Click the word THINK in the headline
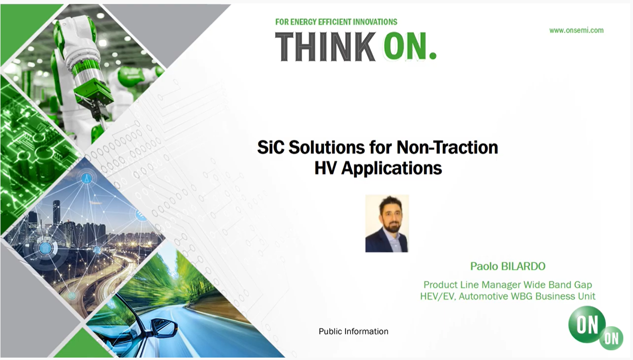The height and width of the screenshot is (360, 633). point(325,47)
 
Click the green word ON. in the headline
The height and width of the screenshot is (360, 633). point(410,46)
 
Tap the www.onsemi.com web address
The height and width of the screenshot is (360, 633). point(576,30)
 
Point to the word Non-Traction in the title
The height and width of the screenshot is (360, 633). point(447,147)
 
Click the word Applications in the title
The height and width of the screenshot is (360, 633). point(391,168)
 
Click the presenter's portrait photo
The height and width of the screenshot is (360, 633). point(387,223)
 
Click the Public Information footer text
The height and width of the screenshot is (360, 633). point(353,331)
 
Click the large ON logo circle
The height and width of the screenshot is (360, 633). point(587,324)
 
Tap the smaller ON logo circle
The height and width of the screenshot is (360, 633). point(611,338)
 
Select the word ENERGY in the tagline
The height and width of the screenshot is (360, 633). point(303,22)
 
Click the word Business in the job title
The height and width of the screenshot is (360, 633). point(555,296)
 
